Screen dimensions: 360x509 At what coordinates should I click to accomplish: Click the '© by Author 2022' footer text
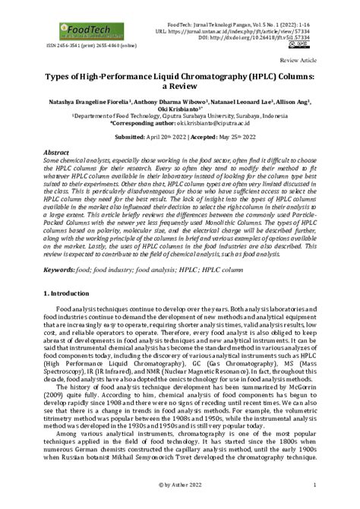tap(179, 484)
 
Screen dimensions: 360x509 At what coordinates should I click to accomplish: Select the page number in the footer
tap(314, 484)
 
